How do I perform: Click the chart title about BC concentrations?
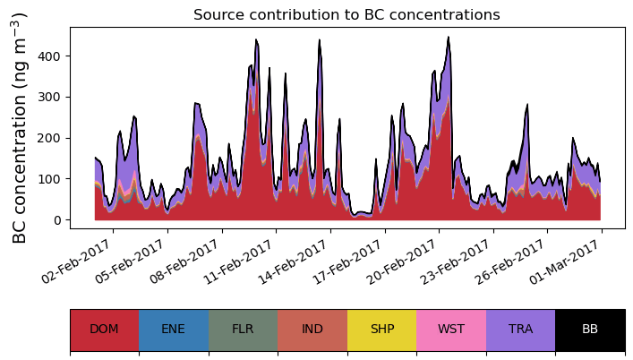pyautogui.click(x=346, y=14)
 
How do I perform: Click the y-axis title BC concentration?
pyautogui.click(x=21, y=128)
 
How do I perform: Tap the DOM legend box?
pyautogui.click(x=104, y=330)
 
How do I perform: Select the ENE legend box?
pyautogui.click(x=174, y=330)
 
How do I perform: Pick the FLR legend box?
pyautogui.click(x=243, y=330)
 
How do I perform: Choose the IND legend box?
pyautogui.click(x=312, y=330)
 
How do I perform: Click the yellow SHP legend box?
pyautogui.click(x=381, y=330)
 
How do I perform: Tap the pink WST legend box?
pyautogui.click(x=451, y=330)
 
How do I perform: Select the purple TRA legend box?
pyautogui.click(x=520, y=330)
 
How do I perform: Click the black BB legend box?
pyautogui.click(x=590, y=330)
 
